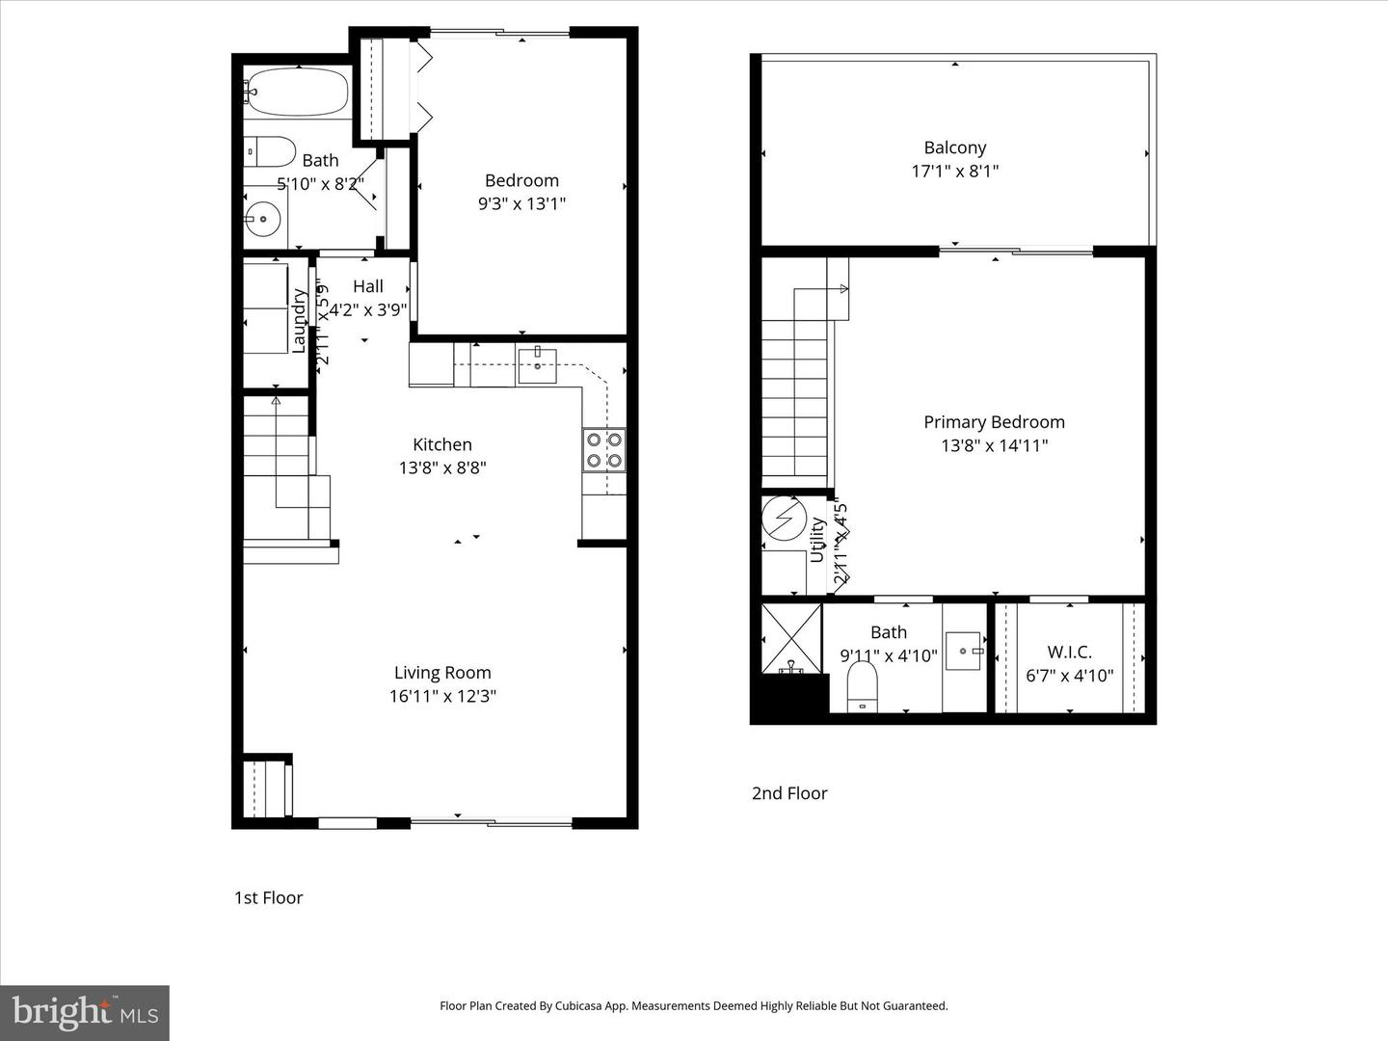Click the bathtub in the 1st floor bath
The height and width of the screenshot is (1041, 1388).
tap(297, 93)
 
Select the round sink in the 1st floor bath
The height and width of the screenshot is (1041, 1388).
tap(261, 220)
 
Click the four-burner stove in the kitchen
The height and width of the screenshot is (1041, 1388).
tap(604, 450)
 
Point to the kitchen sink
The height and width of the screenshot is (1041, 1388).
tap(537, 366)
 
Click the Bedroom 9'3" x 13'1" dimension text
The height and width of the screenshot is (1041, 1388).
tap(521, 203)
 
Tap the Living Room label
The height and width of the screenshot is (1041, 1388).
tap(442, 673)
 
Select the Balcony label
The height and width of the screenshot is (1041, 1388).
tap(954, 147)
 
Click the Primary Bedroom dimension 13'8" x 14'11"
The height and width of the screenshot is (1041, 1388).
tap(994, 445)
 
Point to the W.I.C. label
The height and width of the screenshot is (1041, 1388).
tap(1069, 652)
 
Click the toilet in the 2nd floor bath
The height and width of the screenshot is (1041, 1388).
tap(863, 690)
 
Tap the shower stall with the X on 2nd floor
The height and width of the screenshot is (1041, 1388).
tap(791, 637)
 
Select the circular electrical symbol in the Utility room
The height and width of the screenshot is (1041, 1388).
tap(784, 520)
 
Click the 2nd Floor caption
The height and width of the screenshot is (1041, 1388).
tap(789, 793)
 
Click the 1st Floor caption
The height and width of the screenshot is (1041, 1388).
tap(268, 897)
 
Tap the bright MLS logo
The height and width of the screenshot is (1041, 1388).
tap(85, 1012)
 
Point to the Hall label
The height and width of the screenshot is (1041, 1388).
tap(367, 286)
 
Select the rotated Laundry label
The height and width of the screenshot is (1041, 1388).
tap(299, 321)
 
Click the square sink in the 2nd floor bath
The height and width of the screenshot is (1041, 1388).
tap(962, 651)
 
